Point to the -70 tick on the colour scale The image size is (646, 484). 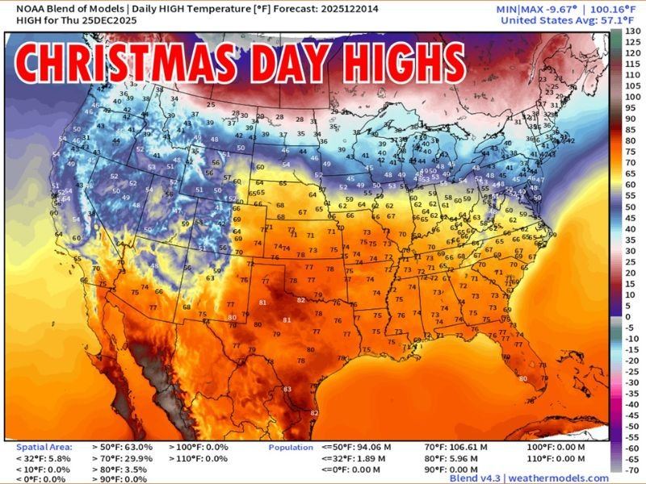tap(634, 469)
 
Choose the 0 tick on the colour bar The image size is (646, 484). tap(634, 316)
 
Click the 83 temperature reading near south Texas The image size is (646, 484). tap(287, 390)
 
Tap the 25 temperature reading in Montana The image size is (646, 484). tap(210, 104)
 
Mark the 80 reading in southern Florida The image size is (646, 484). tap(522, 378)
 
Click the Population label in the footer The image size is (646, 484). tap(292, 446)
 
